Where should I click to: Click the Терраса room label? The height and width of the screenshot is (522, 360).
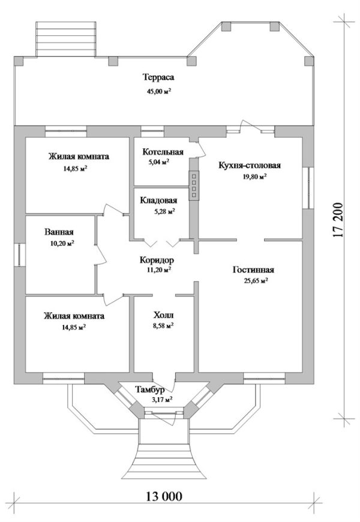[x=158, y=78]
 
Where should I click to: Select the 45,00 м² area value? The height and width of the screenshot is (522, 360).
[x=158, y=91]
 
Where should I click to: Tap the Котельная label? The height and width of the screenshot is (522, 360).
[x=159, y=151]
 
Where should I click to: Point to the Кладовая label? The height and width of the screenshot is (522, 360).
[x=158, y=200]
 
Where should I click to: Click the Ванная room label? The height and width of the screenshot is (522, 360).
[x=59, y=232]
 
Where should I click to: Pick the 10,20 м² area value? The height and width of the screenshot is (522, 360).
[x=59, y=243]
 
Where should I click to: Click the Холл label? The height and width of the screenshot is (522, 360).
[x=163, y=314]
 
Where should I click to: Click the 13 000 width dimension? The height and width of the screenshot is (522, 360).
[x=163, y=496]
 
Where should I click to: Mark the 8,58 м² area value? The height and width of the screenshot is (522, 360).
[x=163, y=326]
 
